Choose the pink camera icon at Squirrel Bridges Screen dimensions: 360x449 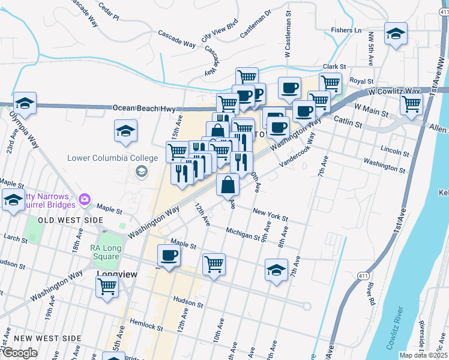(85, 199)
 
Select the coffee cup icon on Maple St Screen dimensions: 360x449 (168, 256)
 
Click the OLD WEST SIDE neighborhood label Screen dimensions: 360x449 (71, 221)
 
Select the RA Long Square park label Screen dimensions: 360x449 (106, 253)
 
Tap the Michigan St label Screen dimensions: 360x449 (243, 233)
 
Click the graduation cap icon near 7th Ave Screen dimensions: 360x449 (276, 270)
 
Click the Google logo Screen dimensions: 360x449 (20, 353)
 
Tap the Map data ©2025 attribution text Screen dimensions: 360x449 (424, 355)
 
